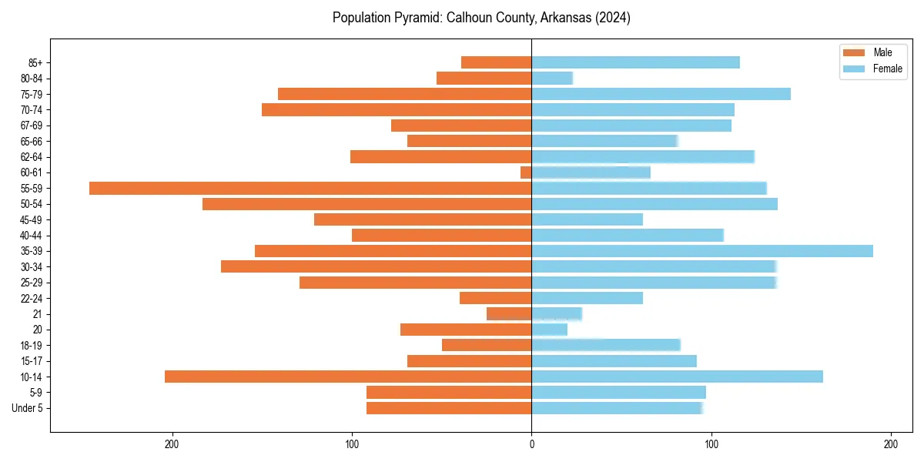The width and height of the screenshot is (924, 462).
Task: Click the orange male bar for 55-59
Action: tap(310, 188)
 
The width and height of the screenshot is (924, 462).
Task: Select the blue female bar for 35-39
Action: tap(702, 251)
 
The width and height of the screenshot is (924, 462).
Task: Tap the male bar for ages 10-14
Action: tap(348, 377)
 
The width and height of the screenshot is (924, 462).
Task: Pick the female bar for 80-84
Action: tap(552, 78)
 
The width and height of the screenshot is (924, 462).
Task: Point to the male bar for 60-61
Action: tap(526, 172)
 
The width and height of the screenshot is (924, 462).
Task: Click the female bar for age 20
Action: tap(550, 330)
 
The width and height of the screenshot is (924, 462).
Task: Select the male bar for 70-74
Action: tap(397, 109)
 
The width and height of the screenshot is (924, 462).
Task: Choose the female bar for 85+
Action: tap(635, 62)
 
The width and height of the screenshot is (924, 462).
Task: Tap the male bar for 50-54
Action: tap(367, 204)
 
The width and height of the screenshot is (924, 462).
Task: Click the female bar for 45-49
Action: tap(587, 219)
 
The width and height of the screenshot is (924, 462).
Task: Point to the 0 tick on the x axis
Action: tap(531, 445)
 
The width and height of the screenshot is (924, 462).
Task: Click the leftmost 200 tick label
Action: tap(172, 445)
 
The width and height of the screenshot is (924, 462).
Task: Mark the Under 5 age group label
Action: tap(27, 408)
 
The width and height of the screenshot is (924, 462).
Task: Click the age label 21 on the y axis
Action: tap(38, 314)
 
